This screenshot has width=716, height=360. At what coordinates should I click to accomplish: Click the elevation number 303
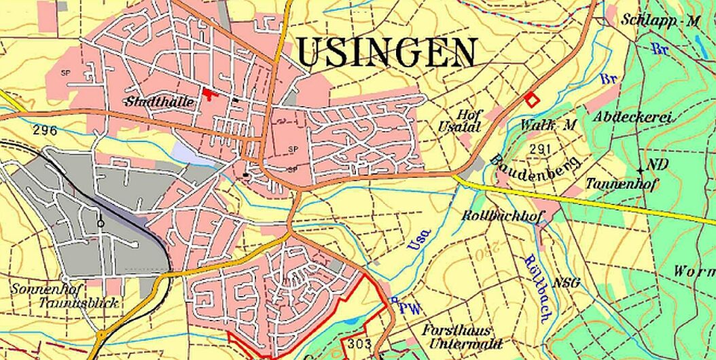(x=359, y=344)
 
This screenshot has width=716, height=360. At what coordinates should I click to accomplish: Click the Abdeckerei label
(x=632, y=118)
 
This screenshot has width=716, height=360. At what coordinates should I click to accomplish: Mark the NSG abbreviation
(x=567, y=283)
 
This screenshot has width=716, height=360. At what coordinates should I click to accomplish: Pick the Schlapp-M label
(x=660, y=20)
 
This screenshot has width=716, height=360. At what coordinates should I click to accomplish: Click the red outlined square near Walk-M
(x=532, y=99)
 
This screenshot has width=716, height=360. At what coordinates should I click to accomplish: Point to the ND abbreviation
(x=657, y=164)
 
